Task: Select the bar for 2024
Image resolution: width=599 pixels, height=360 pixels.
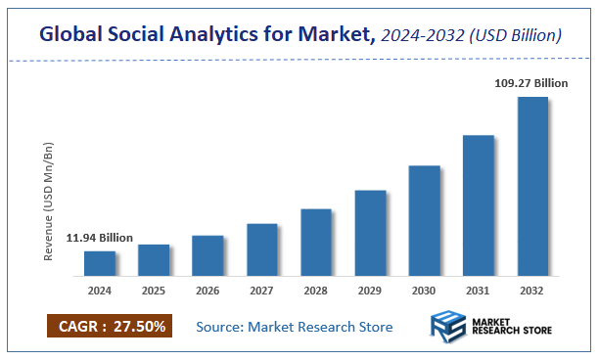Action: coord(100,263)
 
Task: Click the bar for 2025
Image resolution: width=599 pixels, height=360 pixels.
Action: coord(154,259)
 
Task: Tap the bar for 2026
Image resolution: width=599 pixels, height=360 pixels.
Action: coord(207,255)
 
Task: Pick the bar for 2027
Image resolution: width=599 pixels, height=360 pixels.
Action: coord(262,249)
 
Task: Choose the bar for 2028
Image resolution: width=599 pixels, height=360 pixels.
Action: coord(316,242)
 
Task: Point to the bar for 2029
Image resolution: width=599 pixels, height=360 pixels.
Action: coord(370,233)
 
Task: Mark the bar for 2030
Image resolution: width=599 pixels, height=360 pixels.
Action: coord(424,220)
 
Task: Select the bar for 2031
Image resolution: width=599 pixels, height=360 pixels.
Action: coord(478,204)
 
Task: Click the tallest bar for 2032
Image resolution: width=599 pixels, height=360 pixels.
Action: coord(532,186)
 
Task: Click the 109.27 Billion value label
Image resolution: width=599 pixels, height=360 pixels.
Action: coord(532,84)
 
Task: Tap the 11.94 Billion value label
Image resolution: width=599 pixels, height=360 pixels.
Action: coord(100,238)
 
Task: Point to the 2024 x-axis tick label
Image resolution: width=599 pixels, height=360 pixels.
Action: coord(100,291)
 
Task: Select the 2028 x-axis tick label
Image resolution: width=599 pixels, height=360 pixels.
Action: coord(316,291)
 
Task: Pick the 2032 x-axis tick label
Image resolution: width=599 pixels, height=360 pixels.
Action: coord(532,291)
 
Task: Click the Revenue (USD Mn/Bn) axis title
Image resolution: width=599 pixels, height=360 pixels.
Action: coord(49,201)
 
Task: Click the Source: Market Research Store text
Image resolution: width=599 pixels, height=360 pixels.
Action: coord(295,327)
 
